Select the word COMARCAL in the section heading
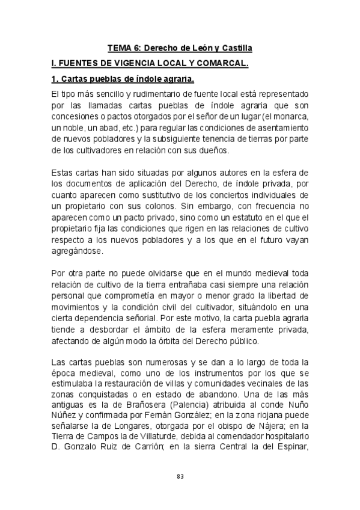point(221,63)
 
